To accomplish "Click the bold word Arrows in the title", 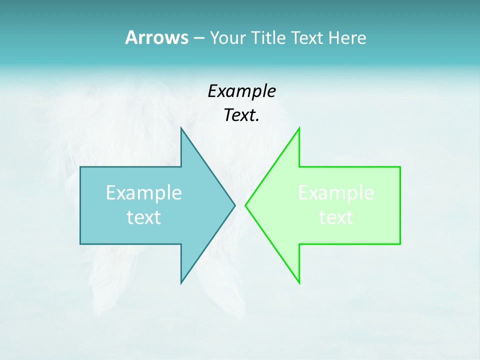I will (156, 37).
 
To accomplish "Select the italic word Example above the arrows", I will (242, 91).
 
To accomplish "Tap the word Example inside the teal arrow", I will (144, 192).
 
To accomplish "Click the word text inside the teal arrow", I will (144, 217).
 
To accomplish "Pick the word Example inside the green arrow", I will (336, 192).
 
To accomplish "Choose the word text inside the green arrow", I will (336, 217).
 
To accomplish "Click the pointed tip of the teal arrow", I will (235, 205).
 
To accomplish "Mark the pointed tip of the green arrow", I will (245, 205).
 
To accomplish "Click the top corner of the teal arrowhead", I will (181, 127).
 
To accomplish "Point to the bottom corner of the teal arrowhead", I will (181, 283).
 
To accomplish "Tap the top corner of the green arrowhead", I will (299, 128).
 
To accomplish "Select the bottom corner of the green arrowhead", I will (299, 283).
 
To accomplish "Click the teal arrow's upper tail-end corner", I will (80, 167).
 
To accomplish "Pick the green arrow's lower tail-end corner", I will (400, 244).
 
